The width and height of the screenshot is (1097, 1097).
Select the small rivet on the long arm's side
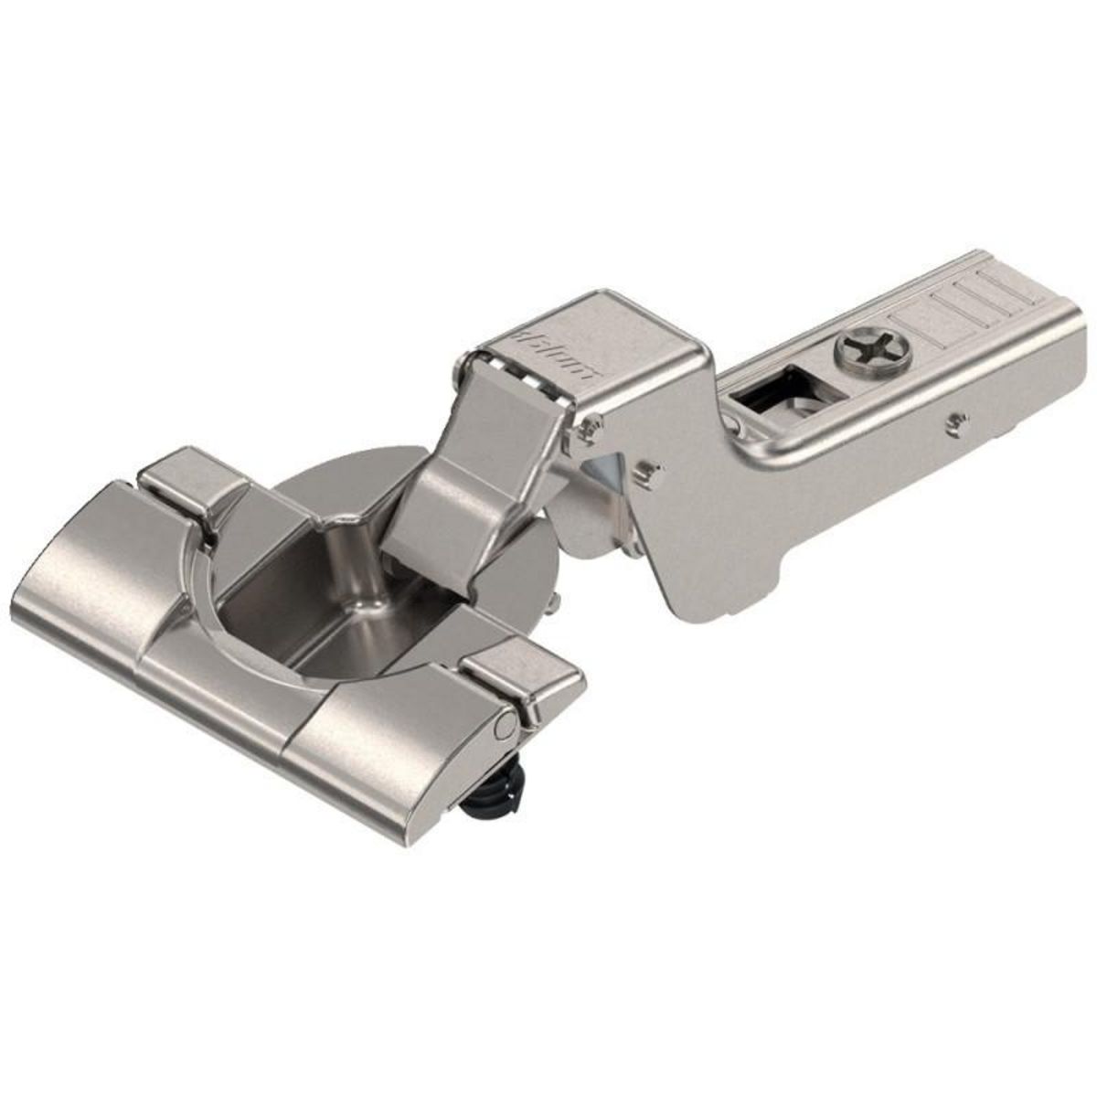click(x=956, y=421)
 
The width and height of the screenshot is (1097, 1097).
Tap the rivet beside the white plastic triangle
click(x=648, y=470)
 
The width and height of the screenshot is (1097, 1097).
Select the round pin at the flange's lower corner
click(x=504, y=727)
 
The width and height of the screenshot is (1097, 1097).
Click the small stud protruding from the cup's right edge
click(x=555, y=603)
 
